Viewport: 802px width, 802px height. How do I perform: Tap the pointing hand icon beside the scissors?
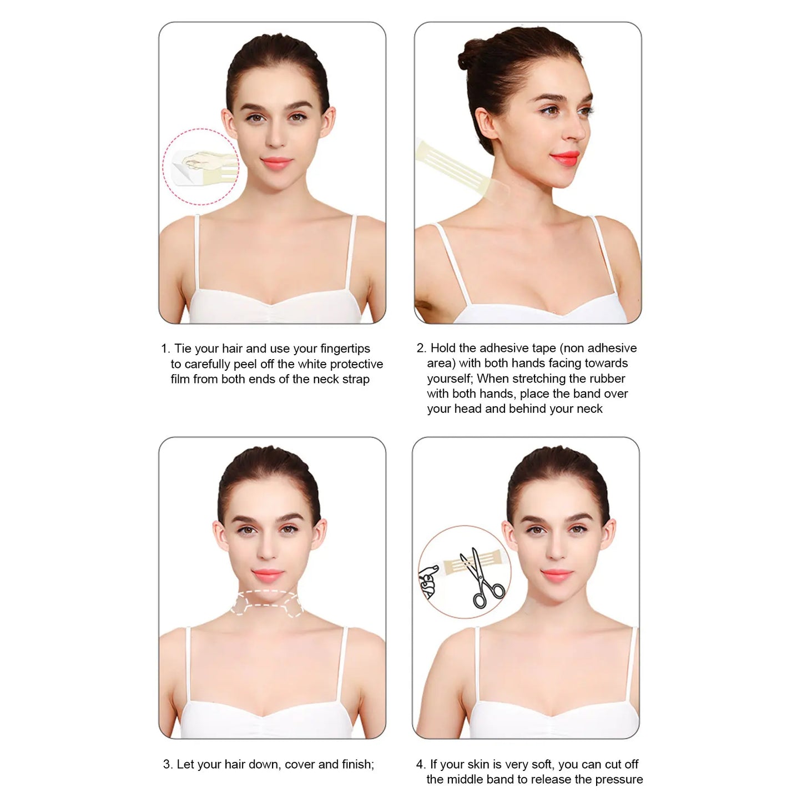[x=428, y=581]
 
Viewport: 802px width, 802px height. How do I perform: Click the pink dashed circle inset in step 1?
[x=200, y=167]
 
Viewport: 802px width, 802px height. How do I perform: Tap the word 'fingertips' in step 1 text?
[x=345, y=349]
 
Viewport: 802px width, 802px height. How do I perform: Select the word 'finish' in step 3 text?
[x=357, y=764]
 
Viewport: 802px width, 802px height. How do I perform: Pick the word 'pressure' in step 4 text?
[x=618, y=779]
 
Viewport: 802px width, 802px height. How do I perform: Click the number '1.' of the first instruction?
[x=165, y=349]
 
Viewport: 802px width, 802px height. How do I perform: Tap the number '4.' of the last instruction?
[x=421, y=764]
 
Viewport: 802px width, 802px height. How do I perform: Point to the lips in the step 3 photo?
[x=267, y=574]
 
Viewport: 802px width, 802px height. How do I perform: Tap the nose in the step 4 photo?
[x=555, y=552]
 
